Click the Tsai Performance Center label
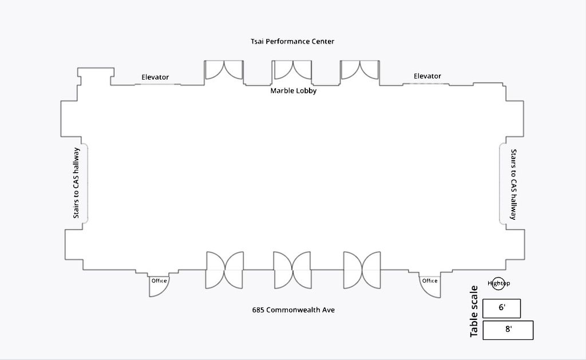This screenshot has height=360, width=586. click(x=292, y=42)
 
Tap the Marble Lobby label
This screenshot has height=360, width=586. click(x=294, y=91)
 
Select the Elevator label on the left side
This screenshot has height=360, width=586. click(x=155, y=77)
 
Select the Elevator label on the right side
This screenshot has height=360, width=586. click(x=427, y=76)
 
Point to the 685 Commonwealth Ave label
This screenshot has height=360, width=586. click(x=294, y=310)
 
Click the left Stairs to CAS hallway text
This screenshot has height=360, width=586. click(x=76, y=183)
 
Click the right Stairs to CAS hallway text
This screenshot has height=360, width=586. click(x=513, y=184)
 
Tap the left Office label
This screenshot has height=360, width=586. click(x=159, y=281)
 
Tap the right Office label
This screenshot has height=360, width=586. click(x=430, y=281)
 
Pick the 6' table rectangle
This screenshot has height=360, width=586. click(x=501, y=308)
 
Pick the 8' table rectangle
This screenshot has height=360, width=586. click(x=508, y=330)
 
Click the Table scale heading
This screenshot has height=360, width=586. click(x=473, y=311)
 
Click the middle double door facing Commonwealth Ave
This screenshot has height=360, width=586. click(x=292, y=270)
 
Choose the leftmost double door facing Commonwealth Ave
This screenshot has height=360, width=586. click(x=224, y=270)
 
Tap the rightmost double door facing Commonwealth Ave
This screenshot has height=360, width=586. click(x=362, y=270)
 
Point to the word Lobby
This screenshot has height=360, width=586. click(x=305, y=91)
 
